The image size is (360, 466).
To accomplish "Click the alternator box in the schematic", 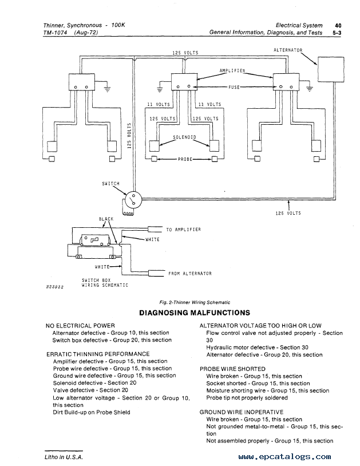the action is (331, 69).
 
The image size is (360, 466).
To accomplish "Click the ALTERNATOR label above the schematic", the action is (288, 50).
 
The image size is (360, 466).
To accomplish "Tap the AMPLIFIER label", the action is (232, 71).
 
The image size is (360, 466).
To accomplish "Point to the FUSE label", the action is (234, 87).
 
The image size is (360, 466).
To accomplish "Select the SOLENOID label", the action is (184, 137).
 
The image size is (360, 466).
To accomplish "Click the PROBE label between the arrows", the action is (185, 159).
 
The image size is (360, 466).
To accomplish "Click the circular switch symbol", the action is (133, 199).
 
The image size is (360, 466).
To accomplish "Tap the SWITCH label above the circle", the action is (110, 184).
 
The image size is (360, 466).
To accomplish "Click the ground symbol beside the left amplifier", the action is (107, 88).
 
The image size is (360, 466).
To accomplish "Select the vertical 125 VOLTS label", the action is (129, 136).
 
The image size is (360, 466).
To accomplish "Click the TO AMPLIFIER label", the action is (183, 230).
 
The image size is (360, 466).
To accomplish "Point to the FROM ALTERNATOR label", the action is (190, 274).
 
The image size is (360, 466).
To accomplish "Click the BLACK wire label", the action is (106, 219).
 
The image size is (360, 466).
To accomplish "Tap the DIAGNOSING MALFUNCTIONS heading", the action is (195, 313).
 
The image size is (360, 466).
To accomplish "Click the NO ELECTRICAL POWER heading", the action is (80, 325).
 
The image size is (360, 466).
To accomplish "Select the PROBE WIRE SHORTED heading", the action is (232, 369).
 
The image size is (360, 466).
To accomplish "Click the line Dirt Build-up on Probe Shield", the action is (92, 412).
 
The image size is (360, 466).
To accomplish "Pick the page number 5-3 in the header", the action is (337, 33).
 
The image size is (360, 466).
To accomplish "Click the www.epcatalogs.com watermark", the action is (284, 456).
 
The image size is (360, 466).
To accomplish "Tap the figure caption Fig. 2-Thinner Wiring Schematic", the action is (195, 302).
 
